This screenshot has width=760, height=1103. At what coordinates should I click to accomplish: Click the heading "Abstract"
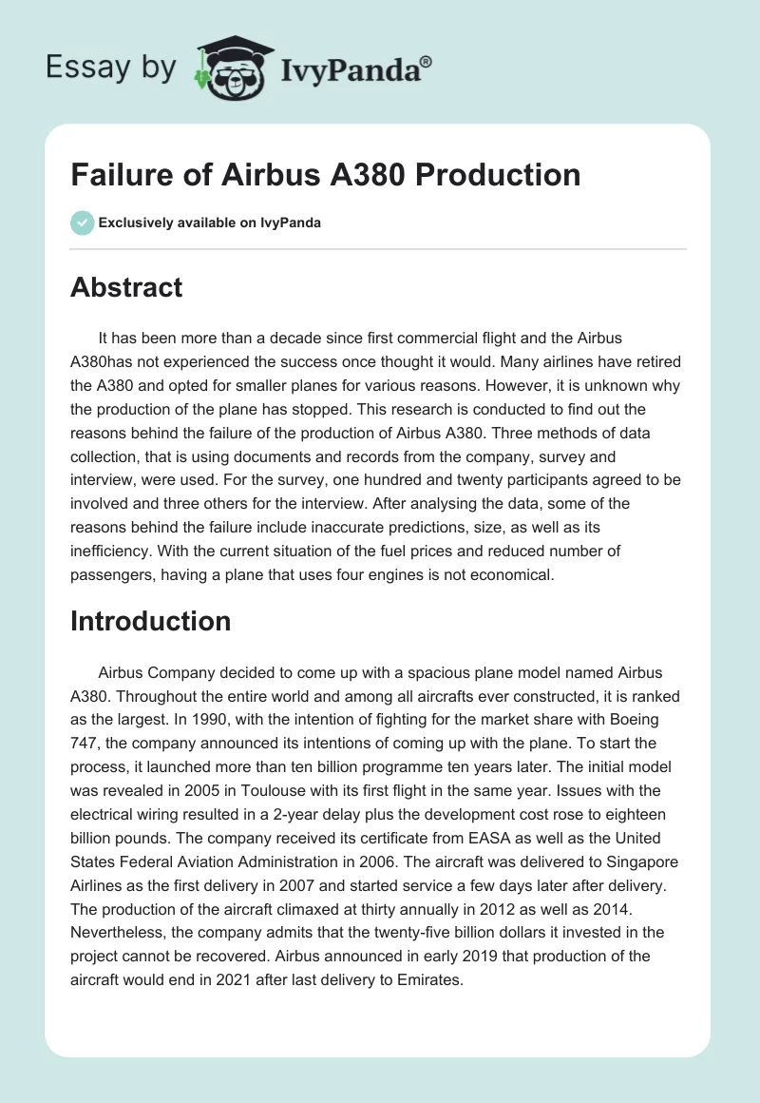[x=126, y=287]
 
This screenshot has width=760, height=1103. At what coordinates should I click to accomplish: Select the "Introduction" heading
[x=151, y=621]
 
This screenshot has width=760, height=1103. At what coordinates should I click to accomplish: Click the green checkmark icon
[x=82, y=223]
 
